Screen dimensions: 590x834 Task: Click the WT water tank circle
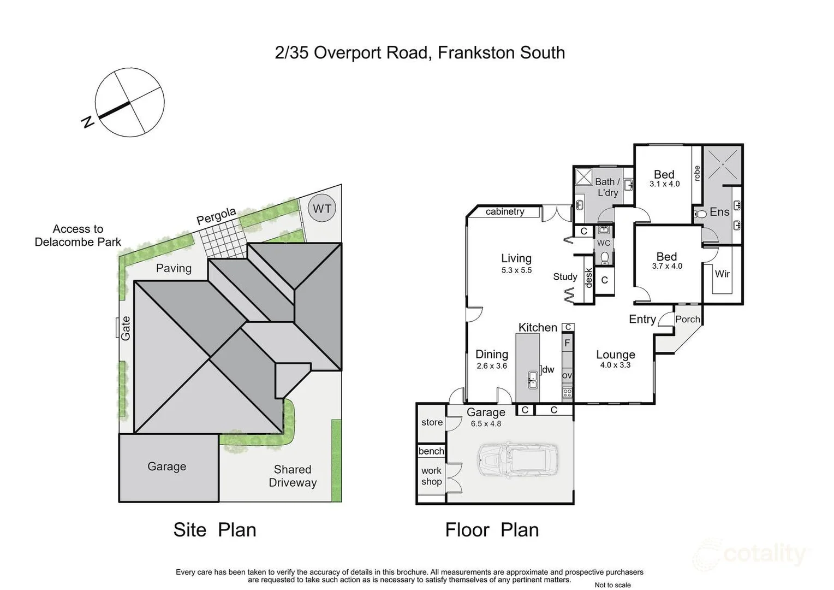[322, 208]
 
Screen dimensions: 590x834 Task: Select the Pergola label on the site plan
[216, 216]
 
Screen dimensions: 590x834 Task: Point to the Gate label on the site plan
[126, 328]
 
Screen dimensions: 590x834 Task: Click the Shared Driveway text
[293, 476]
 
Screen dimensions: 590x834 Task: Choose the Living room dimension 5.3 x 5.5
[516, 270]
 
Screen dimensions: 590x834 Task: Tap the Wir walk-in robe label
[722, 274]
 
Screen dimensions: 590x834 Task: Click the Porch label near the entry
[687, 319]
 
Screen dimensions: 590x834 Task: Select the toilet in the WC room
[604, 257]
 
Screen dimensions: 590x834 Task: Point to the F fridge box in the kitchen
[567, 343]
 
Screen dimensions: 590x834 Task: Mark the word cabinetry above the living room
[505, 211]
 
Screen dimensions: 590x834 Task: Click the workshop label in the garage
[431, 476]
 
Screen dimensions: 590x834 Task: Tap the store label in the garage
[432, 422]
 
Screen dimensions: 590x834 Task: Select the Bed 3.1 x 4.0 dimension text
[664, 184]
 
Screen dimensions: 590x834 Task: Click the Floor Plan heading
[492, 529]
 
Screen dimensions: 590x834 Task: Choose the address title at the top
[420, 52]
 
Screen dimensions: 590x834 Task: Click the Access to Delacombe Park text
[78, 235]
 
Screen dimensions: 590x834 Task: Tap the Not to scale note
[612, 585]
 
